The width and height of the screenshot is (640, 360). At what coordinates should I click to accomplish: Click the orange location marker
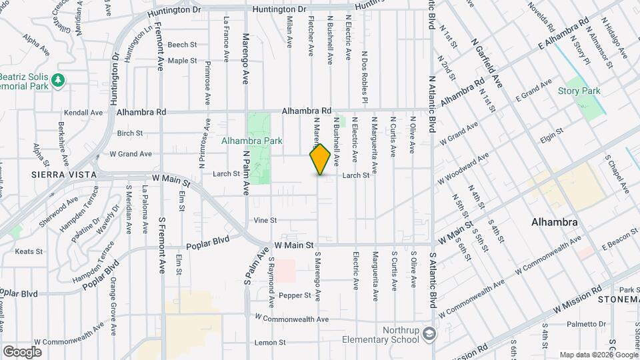pyautogui.click(x=320, y=159)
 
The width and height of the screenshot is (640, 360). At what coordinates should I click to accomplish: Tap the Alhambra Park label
pyautogui.click(x=252, y=141)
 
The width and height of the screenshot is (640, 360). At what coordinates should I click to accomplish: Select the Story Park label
pyautogui.click(x=579, y=91)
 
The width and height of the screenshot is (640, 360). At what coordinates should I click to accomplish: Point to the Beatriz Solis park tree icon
pyautogui.click(x=59, y=79)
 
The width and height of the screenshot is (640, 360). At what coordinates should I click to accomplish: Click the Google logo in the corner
pyautogui.click(x=23, y=351)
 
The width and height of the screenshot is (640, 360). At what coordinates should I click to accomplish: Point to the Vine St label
pyautogui.click(x=265, y=220)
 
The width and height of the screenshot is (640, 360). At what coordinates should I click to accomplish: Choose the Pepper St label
pyautogui.click(x=295, y=295)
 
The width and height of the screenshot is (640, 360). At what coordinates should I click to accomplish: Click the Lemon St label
pyautogui.click(x=270, y=343)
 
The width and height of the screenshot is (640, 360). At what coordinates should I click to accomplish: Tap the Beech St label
pyautogui.click(x=181, y=45)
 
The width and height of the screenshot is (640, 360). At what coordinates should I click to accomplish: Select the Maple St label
pyautogui.click(x=182, y=61)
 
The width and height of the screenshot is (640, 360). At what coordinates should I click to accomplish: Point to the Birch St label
pyautogui.click(x=125, y=133)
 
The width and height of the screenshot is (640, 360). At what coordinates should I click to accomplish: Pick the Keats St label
pyautogui.click(x=29, y=252)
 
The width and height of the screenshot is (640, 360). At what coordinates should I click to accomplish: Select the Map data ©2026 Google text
pyautogui.click(x=598, y=355)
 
